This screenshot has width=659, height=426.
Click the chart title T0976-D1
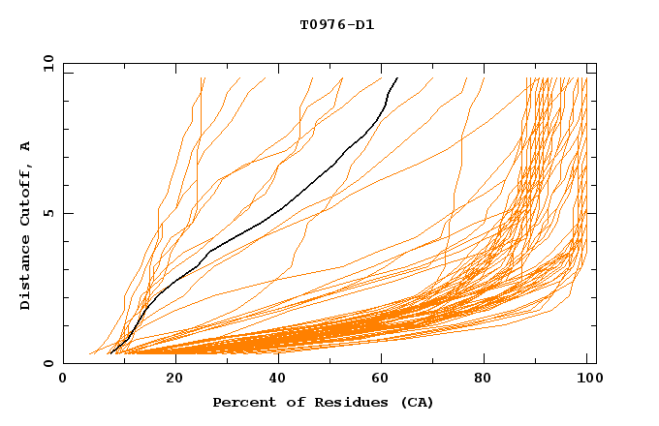click(336, 25)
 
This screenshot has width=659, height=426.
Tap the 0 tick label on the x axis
click(63, 380)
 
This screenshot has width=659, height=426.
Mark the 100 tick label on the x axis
click(590, 380)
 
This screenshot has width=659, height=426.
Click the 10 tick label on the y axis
click(47, 63)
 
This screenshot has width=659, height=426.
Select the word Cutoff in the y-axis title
click(25, 197)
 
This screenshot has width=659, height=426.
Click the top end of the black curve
click(396, 76)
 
